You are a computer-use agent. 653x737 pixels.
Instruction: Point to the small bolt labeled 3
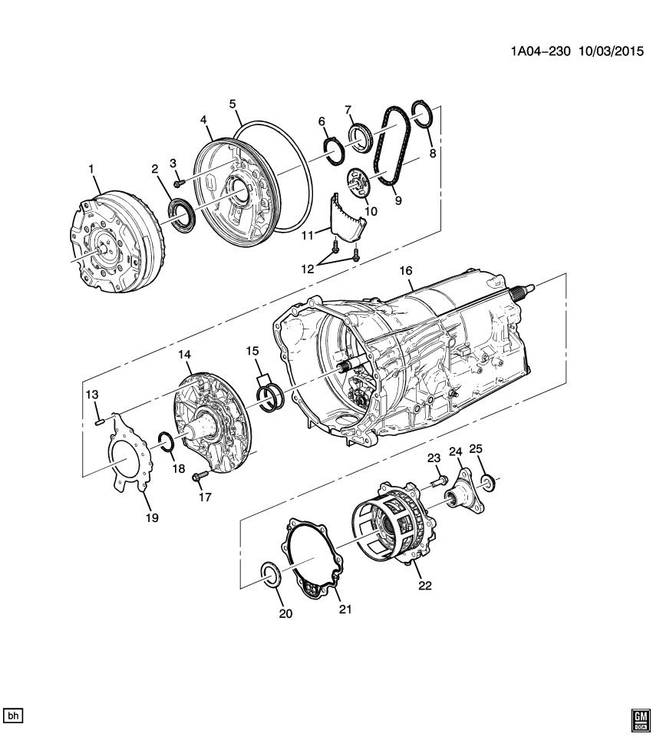(x=178, y=183)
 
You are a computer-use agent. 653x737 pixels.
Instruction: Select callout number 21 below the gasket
(x=345, y=610)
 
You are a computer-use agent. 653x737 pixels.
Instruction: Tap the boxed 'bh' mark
(x=13, y=715)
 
